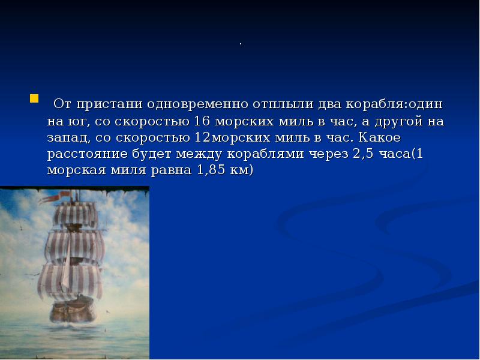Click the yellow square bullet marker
(34, 98)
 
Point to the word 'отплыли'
(267, 104)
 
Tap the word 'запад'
(68, 137)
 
